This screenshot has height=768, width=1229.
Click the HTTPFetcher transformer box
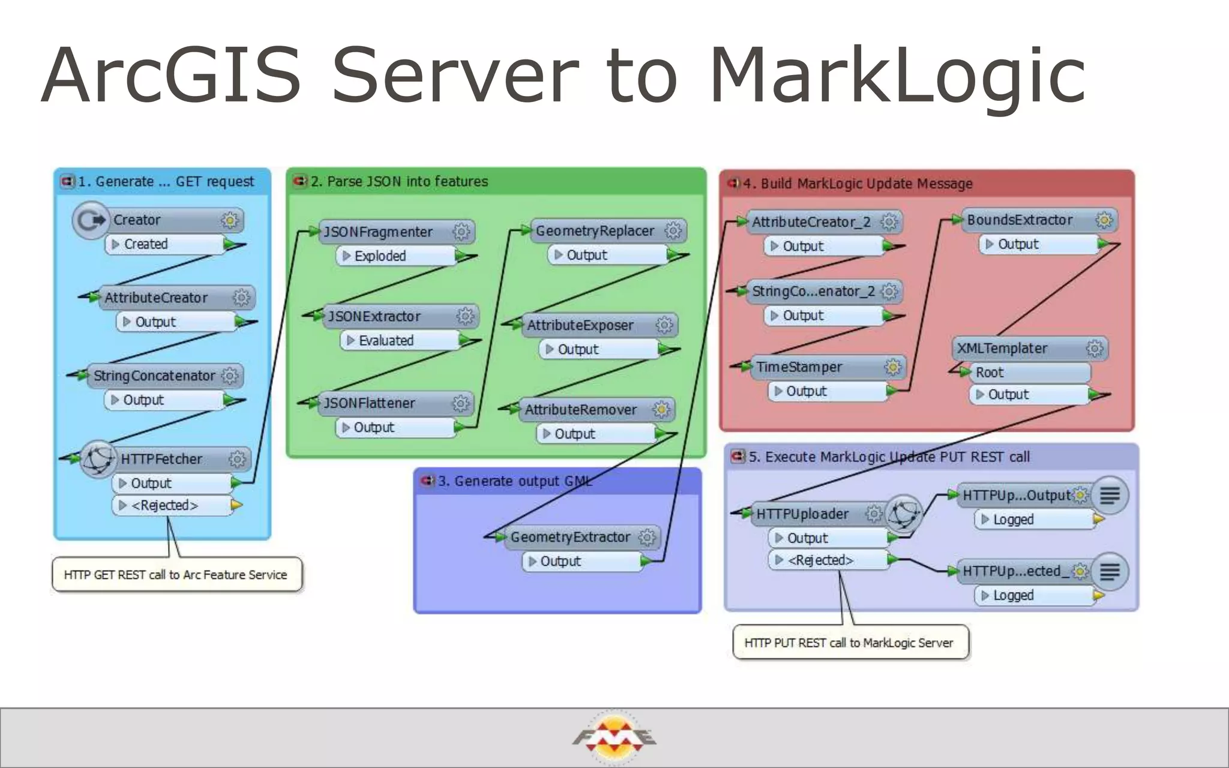click(162, 459)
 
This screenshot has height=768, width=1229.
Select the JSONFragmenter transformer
click(379, 232)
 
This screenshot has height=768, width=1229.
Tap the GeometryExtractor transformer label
click(570, 537)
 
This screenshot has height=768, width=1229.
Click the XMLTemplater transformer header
click(1002, 348)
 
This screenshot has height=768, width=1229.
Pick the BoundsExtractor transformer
click(1020, 220)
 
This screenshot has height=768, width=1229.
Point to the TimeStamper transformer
click(799, 367)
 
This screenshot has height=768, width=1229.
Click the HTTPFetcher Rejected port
click(164, 505)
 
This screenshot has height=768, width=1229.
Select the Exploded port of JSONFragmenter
click(380, 256)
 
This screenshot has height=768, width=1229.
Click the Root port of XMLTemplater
click(990, 373)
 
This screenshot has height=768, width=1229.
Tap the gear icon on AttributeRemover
click(661, 410)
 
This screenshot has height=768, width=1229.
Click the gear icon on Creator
click(229, 220)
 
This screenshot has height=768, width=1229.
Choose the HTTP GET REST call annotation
click(176, 575)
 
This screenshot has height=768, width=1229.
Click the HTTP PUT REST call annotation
click(849, 643)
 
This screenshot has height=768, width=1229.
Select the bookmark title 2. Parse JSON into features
click(399, 181)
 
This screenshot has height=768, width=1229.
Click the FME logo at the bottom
click(614, 737)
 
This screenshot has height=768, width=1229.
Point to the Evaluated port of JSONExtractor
click(386, 341)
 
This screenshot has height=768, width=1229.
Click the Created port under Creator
click(146, 244)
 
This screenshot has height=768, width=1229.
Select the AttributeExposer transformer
click(580, 325)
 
